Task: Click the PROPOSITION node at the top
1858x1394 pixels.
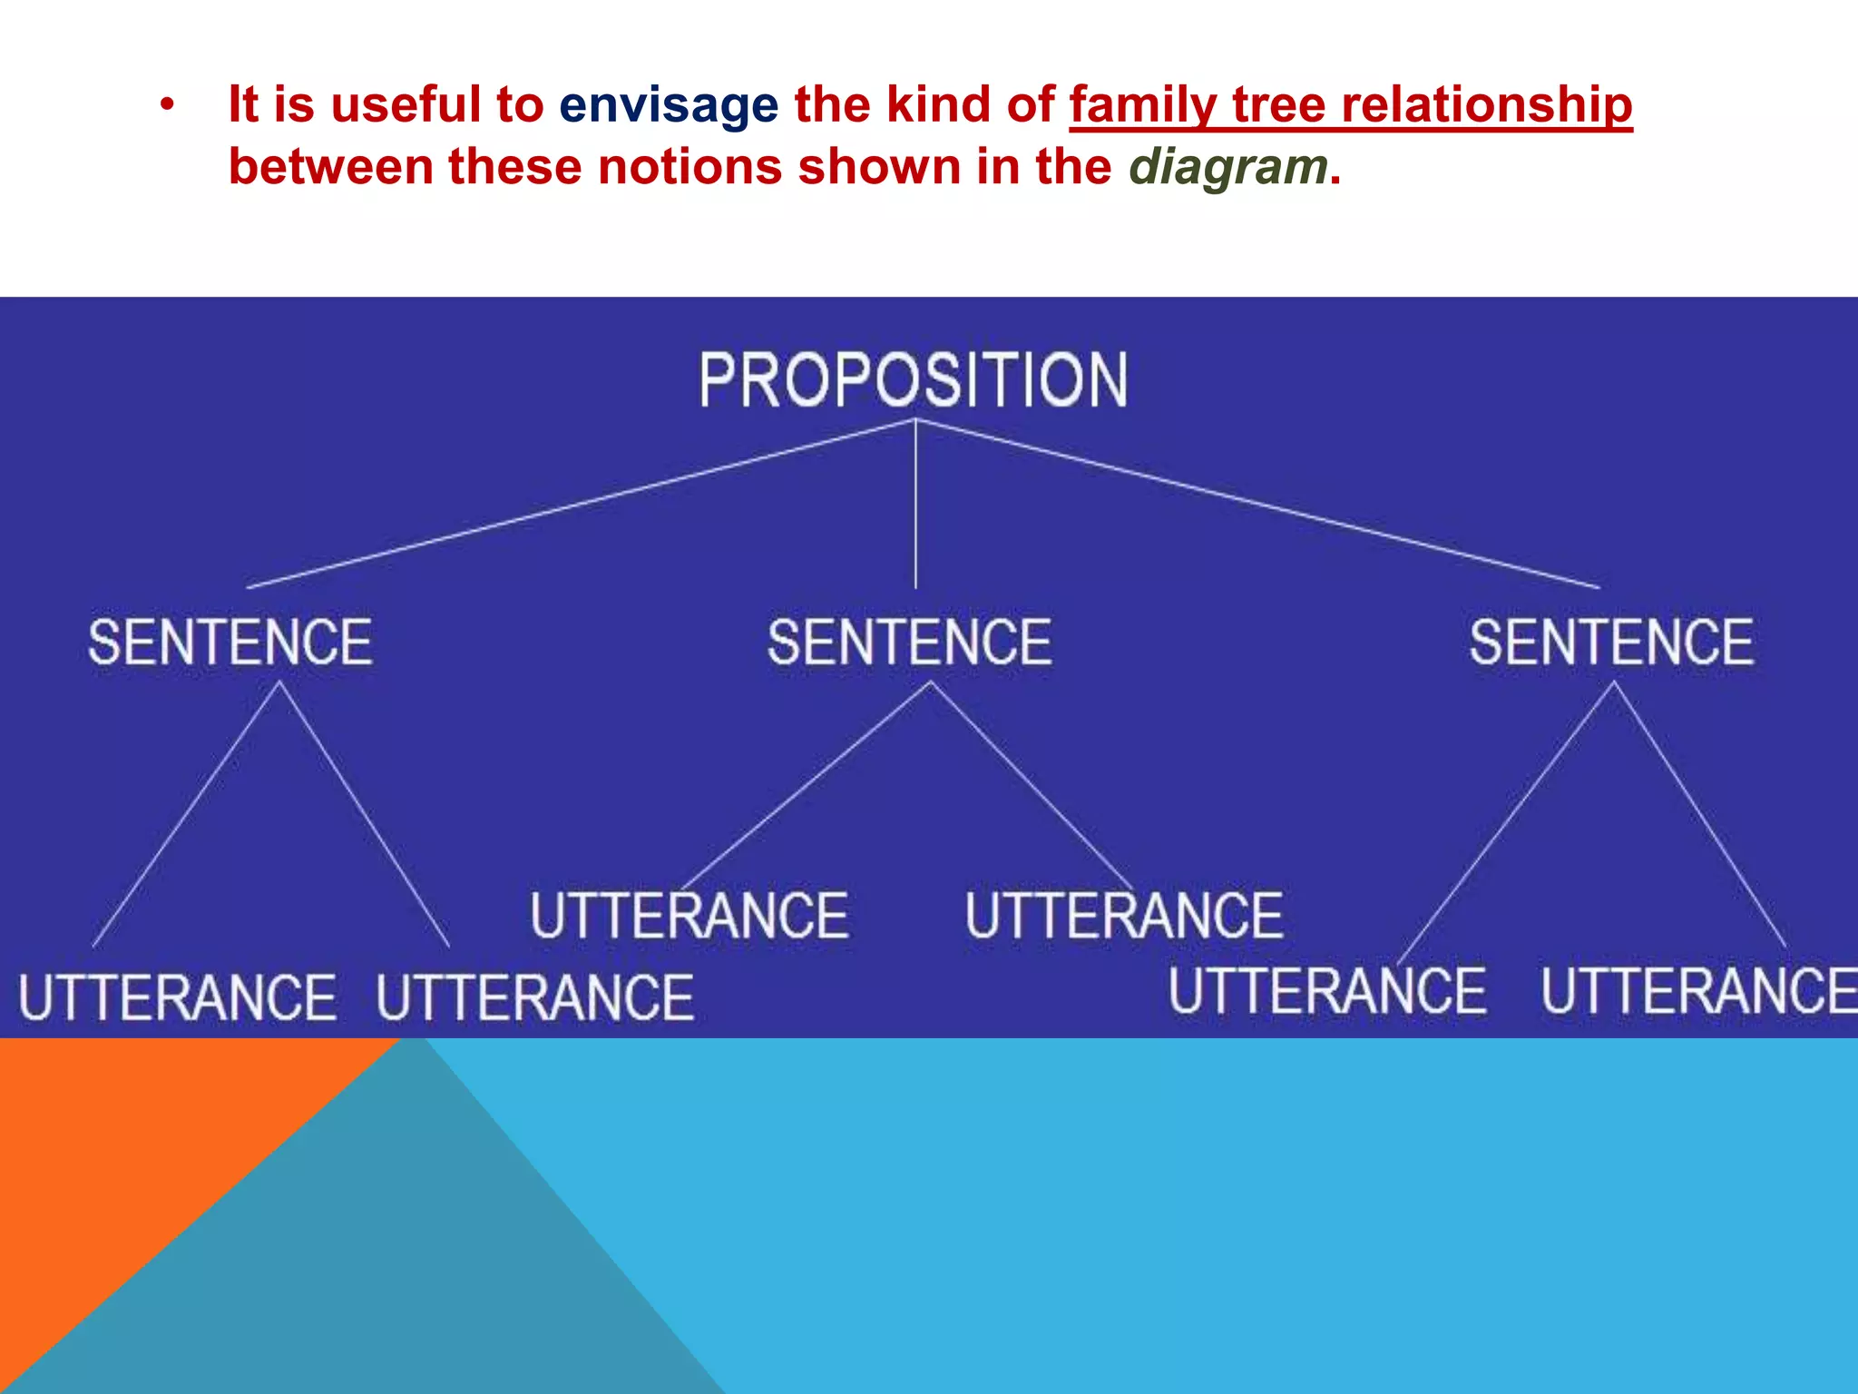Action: [914, 379]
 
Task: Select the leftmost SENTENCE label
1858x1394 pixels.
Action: [230, 643]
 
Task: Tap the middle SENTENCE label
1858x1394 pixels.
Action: [910, 643]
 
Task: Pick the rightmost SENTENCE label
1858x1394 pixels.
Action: [1611, 643]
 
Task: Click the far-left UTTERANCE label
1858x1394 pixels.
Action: [178, 997]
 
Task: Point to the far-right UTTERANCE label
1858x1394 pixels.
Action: [1698, 990]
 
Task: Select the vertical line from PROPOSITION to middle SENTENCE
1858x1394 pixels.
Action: [915, 508]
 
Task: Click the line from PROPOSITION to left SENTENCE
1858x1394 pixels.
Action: [581, 504]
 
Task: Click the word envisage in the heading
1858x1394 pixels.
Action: [669, 104]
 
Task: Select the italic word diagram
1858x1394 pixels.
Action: [1228, 167]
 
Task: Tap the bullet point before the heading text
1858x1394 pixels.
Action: [165, 105]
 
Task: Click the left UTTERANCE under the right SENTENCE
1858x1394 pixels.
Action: [1326, 990]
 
